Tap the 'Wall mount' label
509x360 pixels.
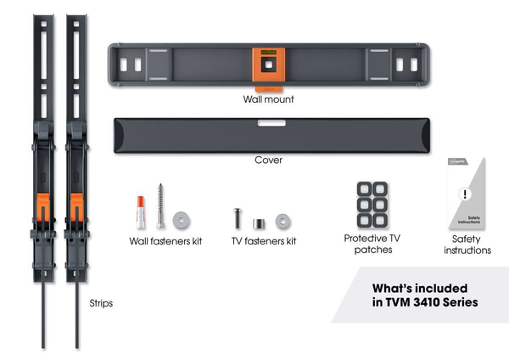pyautogui.click(x=268, y=98)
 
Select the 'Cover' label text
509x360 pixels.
pyautogui.click(x=268, y=160)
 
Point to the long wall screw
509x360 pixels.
pyautogui.click(x=159, y=205)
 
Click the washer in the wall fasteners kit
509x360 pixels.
pyautogui.click(x=180, y=220)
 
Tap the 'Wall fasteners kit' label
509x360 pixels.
pyautogui.click(x=165, y=241)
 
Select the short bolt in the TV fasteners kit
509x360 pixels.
pyautogui.click(x=238, y=217)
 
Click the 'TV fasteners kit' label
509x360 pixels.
pyautogui.click(x=264, y=241)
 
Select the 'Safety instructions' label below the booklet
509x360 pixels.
pyautogui.click(x=467, y=245)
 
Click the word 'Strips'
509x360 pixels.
pyautogui.click(x=101, y=301)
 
